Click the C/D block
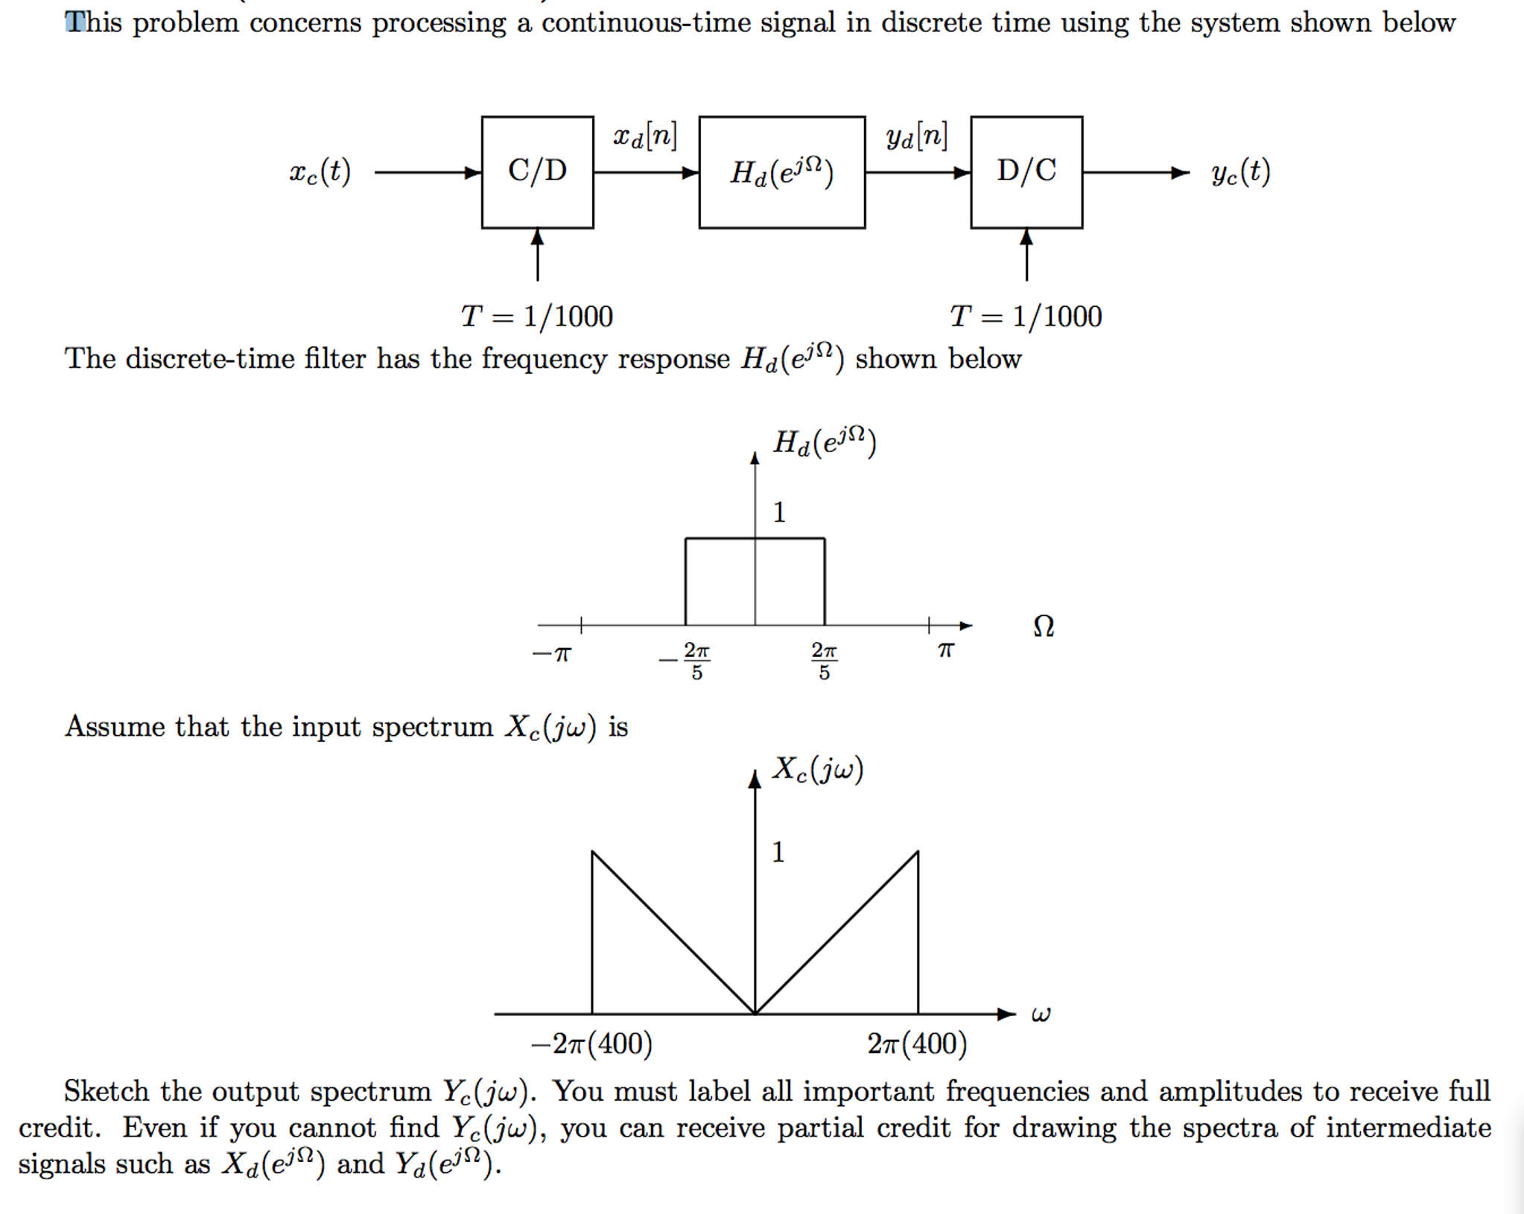click(537, 172)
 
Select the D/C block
click(1026, 172)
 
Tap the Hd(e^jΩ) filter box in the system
click(781, 172)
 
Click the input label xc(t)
click(320, 172)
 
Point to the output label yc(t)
click(1240, 172)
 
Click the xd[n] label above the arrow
click(644, 136)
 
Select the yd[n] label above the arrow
click(916, 136)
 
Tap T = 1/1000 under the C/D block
click(536, 317)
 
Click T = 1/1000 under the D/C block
click(1026, 317)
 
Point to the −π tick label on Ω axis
click(552, 654)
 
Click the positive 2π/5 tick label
click(824, 661)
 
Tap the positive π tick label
click(945, 651)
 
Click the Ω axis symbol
click(1044, 626)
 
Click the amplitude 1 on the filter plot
click(779, 512)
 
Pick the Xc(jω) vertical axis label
click(817, 769)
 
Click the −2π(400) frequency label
click(591, 1043)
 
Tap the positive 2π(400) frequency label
click(917, 1043)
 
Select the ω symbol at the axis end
click(1041, 1014)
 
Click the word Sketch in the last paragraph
click(107, 1091)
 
